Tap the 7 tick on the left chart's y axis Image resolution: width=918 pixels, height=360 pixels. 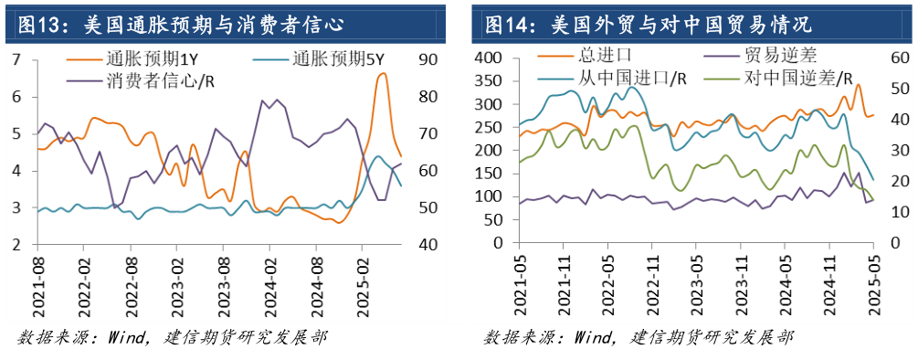(16, 59)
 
